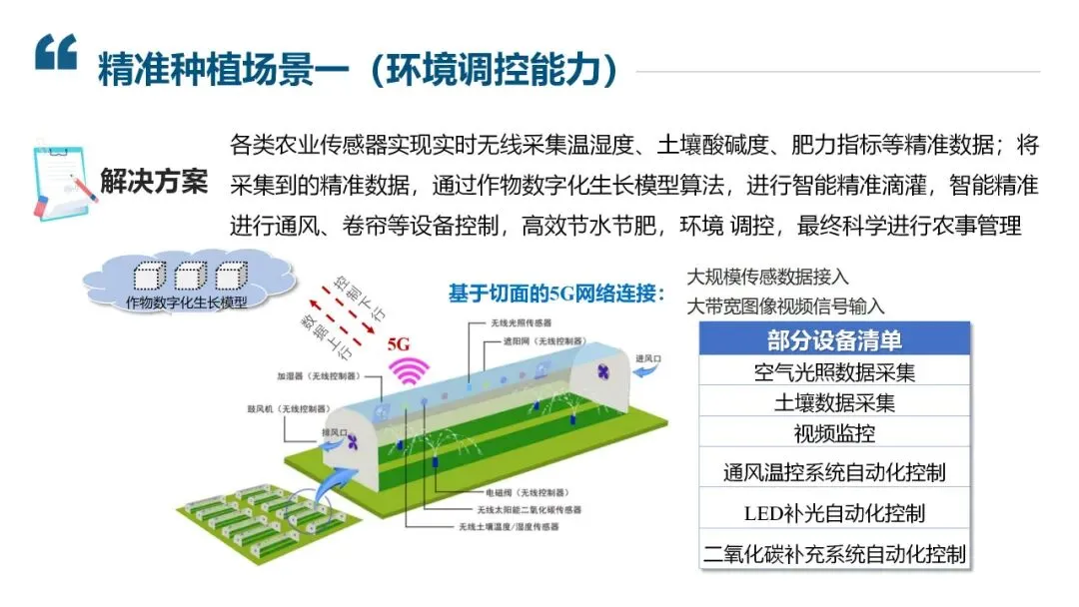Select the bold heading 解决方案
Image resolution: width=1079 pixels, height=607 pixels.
tap(154, 182)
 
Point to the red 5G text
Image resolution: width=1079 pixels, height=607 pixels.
tap(399, 343)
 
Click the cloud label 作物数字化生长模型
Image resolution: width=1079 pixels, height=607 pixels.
tap(187, 302)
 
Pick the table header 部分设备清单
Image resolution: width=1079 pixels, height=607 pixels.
tap(834, 339)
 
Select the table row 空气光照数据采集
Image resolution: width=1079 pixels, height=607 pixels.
tap(834, 372)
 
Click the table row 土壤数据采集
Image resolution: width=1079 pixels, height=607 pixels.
tap(834, 403)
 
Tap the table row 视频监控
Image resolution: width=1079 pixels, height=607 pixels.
tap(834, 434)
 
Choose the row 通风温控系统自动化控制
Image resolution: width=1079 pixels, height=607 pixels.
tap(834, 470)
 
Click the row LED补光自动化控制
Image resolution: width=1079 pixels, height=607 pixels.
tap(834, 513)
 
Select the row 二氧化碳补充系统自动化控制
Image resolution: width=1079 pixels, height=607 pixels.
tap(834, 554)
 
